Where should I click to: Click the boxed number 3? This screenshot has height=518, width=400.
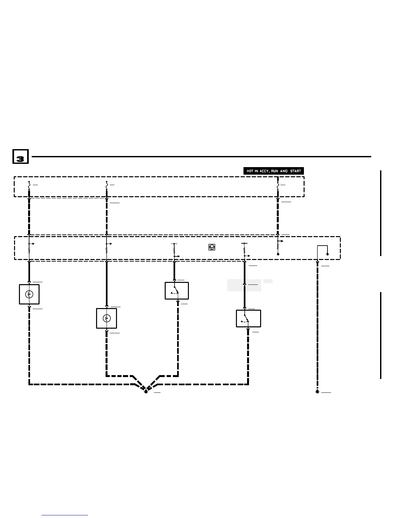tap(20, 157)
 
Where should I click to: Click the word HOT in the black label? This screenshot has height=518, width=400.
tap(250, 171)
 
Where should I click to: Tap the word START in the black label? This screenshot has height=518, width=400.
tap(295, 171)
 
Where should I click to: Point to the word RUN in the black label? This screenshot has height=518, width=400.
tap(275, 171)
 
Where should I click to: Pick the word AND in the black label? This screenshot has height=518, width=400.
tap(284, 171)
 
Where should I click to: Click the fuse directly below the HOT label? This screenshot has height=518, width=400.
tap(278, 185)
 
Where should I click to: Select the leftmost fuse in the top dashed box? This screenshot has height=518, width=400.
tap(29, 185)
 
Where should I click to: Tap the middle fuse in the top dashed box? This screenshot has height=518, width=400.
tap(107, 185)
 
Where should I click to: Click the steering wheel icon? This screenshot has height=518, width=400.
tap(212, 247)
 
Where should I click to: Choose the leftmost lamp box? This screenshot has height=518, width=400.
tap(29, 294)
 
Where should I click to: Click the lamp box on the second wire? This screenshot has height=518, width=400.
tap(107, 318)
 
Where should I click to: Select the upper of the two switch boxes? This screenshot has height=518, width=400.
tap(176, 291)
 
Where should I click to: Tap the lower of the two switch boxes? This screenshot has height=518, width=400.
tap(248, 319)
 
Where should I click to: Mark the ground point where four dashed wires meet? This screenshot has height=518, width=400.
tap(146, 391)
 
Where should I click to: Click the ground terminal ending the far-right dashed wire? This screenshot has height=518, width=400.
tap(317, 391)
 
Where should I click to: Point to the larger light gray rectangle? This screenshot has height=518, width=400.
tap(244, 285)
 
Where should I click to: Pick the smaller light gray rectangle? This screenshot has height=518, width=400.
tap(268, 281)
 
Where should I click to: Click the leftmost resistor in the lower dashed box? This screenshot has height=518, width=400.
tap(29, 250)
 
